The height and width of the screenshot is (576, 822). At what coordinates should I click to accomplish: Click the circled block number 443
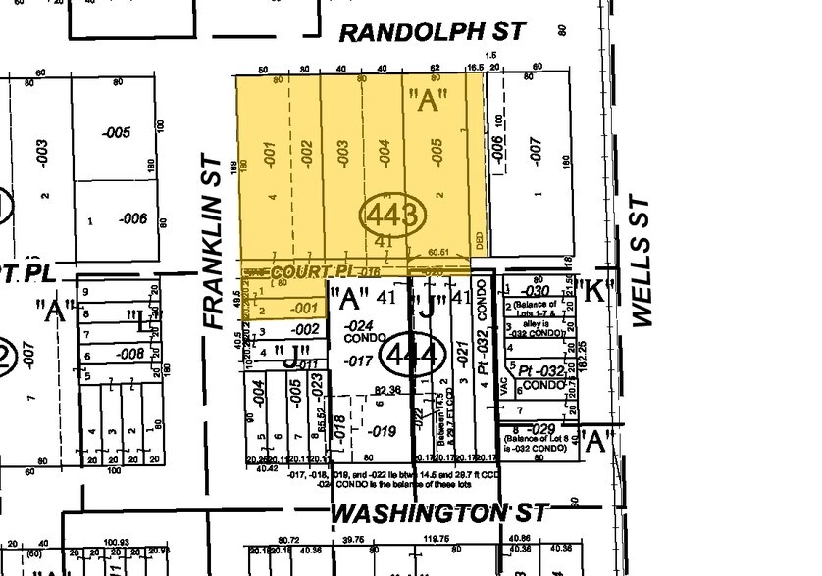pos(393,215)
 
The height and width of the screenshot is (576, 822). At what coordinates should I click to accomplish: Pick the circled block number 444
pos(412,354)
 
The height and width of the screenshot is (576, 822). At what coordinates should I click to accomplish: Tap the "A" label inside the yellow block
pos(434,98)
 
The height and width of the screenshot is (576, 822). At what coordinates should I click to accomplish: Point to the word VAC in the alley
pos(500,387)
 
